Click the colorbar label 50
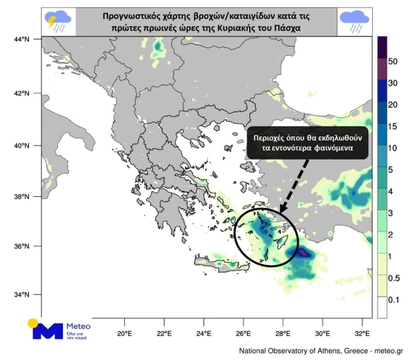point(393,61)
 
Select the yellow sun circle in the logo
point(35,324)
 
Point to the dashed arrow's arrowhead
point(281,210)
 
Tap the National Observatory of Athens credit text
point(320,350)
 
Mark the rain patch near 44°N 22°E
point(157,48)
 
